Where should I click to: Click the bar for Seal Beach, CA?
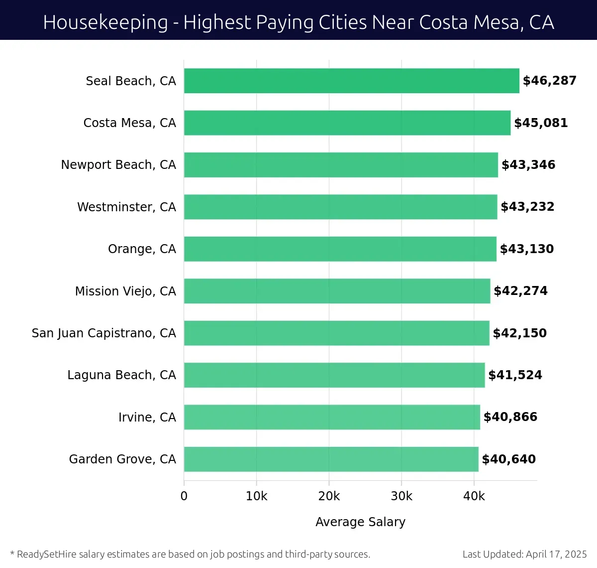point(351,81)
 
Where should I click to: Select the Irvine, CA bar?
point(332,417)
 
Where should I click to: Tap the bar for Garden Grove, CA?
point(331,459)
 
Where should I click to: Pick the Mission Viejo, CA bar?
point(337,291)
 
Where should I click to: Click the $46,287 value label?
point(549,81)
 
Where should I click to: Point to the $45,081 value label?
point(541,123)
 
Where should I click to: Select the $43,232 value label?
point(527,207)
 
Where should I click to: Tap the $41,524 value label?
point(515,375)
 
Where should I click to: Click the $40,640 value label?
point(508,459)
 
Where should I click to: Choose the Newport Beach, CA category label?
point(118,165)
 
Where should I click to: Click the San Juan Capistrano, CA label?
point(103,333)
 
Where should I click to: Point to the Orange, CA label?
point(142,249)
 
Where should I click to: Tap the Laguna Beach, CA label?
point(121,375)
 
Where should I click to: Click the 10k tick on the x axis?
point(256,496)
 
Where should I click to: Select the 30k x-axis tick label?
point(401,496)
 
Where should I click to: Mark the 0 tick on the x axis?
point(184,496)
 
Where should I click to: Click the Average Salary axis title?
point(360,522)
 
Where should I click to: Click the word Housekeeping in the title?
point(105,22)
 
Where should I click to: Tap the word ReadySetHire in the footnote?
point(47,554)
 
